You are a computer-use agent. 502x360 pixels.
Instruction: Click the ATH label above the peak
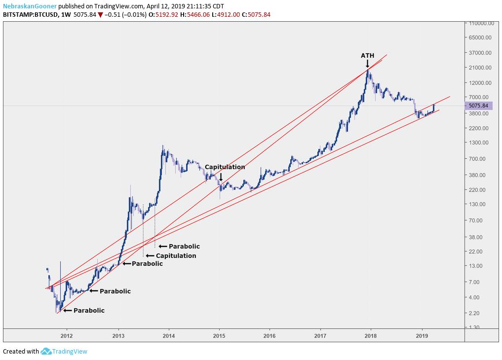(x=367, y=55)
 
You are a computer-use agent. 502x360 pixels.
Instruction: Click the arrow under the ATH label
(x=367, y=64)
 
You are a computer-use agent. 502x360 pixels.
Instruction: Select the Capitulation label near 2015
(x=225, y=167)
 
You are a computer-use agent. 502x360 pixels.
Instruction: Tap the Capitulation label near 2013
(x=176, y=255)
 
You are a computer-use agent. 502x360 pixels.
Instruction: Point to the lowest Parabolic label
(x=89, y=311)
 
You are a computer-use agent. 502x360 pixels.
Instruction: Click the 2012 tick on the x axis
(x=67, y=335)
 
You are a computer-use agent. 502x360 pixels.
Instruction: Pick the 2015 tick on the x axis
(x=219, y=335)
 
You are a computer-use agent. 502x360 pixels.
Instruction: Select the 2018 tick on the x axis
(x=371, y=335)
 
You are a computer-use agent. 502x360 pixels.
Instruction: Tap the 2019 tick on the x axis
(x=422, y=335)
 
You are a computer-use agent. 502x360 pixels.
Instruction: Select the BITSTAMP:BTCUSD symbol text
(x=29, y=15)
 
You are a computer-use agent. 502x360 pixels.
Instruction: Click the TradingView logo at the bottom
(x=64, y=351)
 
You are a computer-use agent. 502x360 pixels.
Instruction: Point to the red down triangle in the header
(x=101, y=15)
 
